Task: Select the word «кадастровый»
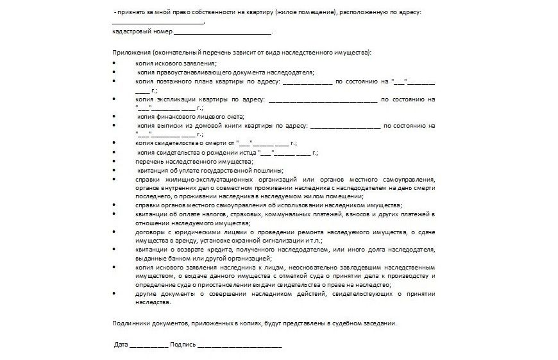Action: click(128, 31)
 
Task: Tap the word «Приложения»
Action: click(128, 53)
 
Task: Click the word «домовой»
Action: click(210, 126)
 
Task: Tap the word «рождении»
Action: click(221, 153)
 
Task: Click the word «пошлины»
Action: click(267, 170)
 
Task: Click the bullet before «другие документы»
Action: click(114, 293)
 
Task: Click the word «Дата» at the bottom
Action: click(121, 345)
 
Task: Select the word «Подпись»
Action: click(183, 345)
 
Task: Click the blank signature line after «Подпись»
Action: click(239, 346)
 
